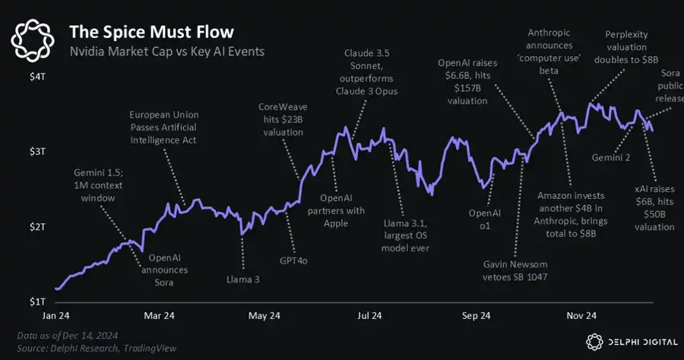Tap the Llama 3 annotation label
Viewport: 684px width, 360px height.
(242, 279)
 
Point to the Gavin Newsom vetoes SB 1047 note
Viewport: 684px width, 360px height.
(516, 270)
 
